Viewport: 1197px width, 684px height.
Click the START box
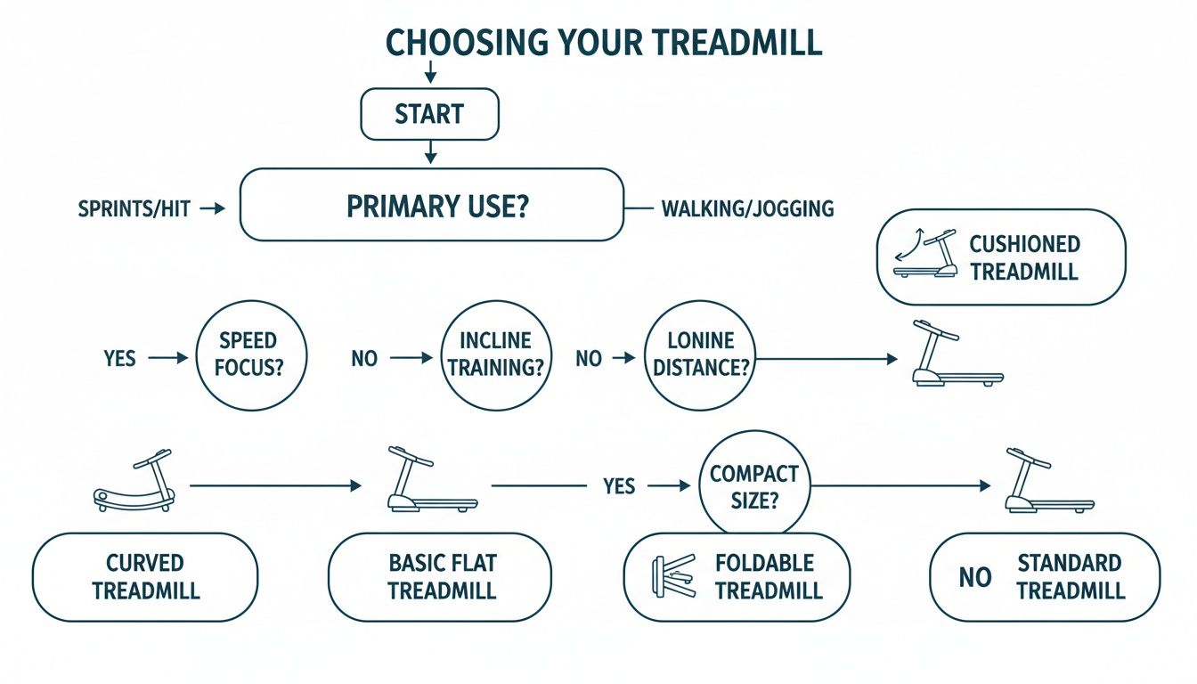pyautogui.click(x=428, y=114)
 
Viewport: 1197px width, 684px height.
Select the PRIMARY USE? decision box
pyautogui.click(x=431, y=205)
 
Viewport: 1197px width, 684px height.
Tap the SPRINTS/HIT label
pyautogui.click(x=134, y=209)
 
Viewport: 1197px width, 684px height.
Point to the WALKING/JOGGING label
pyautogui.click(x=747, y=209)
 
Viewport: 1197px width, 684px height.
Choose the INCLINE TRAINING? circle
pyautogui.click(x=495, y=354)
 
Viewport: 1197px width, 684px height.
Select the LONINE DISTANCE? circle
pyautogui.click(x=700, y=354)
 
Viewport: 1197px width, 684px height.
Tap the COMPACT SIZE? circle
pyautogui.click(x=754, y=485)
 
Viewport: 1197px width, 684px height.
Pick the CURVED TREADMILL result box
pyautogui.click(x=145, y=577)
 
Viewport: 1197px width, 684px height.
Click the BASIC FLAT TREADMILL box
pyautogui.click(x=440, y=577)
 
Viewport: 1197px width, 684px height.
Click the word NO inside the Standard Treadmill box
pyautogui.click(x=975, y=578)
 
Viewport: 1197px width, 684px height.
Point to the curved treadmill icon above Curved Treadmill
pyautogui.click(x=134, y=482)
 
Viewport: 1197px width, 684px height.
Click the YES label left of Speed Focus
pyautogui.click(x=119, y=358)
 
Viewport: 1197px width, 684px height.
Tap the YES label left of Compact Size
pyautogui.click(x=618, y=486)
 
